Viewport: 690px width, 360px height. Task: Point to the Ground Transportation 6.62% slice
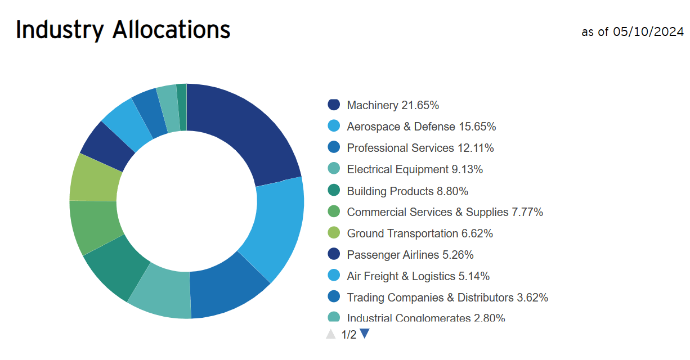click(x=93, y=178)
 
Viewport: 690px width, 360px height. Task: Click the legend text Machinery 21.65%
click(x=393, y=105)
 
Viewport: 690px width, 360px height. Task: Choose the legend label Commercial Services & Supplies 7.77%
click(x=445, y=212)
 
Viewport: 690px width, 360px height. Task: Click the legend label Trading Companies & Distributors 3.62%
click(x=447, y=298)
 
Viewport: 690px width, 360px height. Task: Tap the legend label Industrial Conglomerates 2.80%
click(x=425, y=318)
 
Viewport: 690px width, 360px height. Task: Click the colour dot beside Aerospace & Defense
click(x=334, y=126)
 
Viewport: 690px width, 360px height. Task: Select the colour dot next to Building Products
click(x=334, y=191)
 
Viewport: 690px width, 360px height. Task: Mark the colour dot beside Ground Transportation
click(x=334, y=233)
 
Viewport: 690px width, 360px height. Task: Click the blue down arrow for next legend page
click(x=365, y=334)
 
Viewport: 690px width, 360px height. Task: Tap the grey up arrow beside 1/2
click(x=331, y=334)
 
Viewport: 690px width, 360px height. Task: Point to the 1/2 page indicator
click(x=348, y=335)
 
